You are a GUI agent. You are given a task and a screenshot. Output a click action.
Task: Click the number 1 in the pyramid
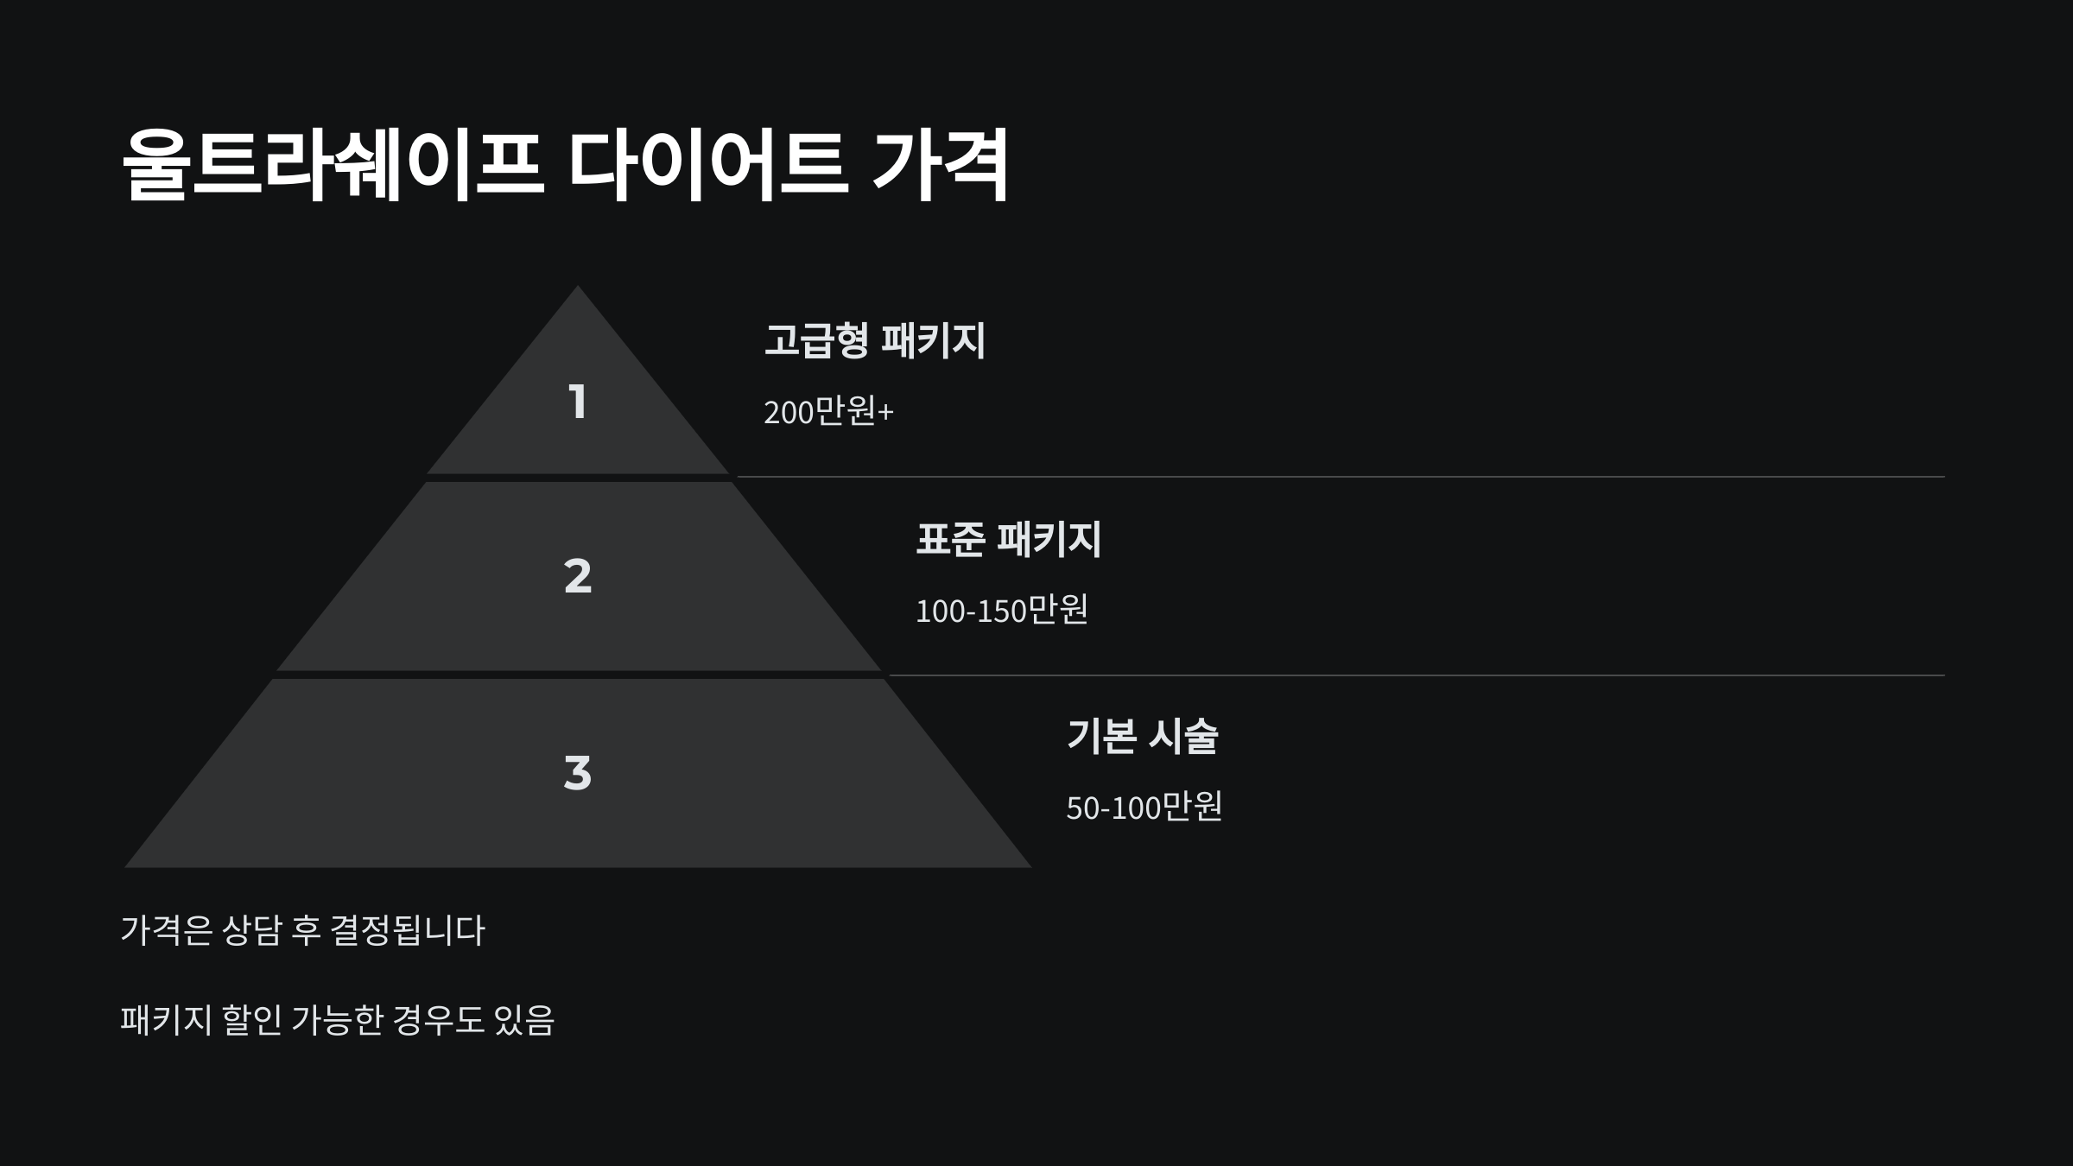click(578, 402)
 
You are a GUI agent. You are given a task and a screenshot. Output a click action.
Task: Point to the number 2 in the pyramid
click(578, 575)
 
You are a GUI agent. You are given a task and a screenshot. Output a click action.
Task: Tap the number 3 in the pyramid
click(578, 772)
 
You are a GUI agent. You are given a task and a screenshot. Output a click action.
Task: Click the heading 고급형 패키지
click(874, 340)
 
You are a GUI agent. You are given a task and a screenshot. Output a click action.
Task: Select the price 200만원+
click(828, 412)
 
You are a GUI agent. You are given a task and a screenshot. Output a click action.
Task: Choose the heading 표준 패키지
click(1008, 539)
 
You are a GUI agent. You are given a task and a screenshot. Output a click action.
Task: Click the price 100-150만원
click(1001, 611)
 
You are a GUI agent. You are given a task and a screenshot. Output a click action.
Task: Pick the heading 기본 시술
click(1142, 736)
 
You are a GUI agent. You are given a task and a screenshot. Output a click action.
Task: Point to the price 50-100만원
click(1144, 808)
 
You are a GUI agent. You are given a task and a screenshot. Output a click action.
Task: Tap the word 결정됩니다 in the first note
click(408, 930)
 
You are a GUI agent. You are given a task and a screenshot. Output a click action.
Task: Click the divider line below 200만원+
click(1339, 477)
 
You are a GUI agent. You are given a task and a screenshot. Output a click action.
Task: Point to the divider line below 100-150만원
click(1417, 675)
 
